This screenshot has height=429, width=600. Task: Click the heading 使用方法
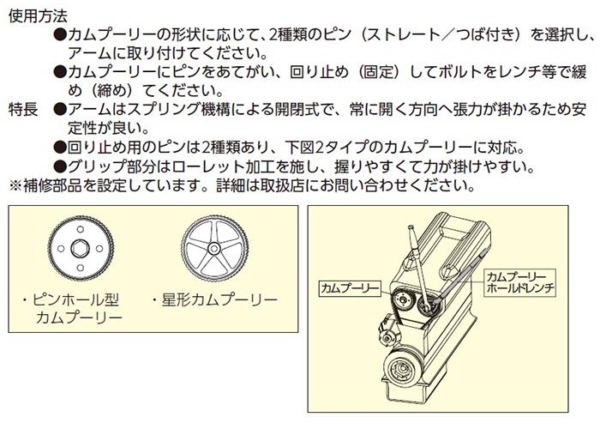click(x=38, y=15)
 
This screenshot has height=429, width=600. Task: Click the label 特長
click(x=23, y=110)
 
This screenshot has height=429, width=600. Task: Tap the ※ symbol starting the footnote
click(x=15, y=185)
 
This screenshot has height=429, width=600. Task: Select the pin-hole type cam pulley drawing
click(x=81, y=249)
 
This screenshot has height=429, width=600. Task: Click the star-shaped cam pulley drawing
click(x=214, y=249)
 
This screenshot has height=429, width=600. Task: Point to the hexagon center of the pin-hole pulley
click(x=81, y=249)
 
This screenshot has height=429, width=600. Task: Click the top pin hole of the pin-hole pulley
click(x=81, y=230)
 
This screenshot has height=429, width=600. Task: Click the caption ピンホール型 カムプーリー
click(x=75, y=308)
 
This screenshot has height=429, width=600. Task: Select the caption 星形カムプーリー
click(x=214, y=300)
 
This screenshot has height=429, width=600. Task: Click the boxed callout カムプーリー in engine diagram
click(x=350, y=288)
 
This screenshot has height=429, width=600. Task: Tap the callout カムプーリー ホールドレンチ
click(x=520, y=282)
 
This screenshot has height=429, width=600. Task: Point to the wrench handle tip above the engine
click(x=411, y=227)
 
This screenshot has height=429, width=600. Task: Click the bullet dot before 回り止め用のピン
click(x=60, y=148)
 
